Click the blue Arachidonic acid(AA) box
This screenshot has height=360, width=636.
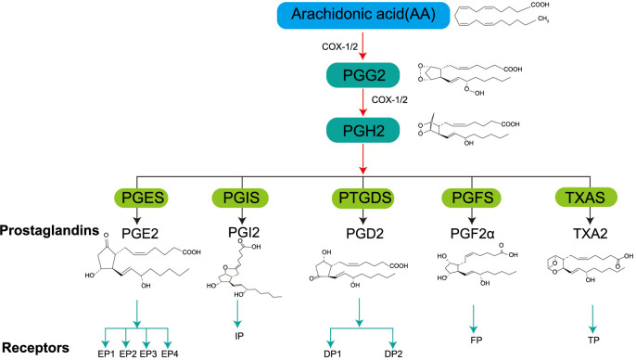363,16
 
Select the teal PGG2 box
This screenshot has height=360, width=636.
363,75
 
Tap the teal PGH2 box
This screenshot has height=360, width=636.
363,130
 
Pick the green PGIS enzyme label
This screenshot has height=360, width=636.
241,198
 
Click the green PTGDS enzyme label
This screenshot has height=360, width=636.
364,198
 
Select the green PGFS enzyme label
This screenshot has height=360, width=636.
472,198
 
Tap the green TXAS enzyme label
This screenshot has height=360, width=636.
586,198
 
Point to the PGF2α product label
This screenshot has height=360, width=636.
472,234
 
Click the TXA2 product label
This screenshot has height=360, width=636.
590,234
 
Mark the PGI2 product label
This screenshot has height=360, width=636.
243,233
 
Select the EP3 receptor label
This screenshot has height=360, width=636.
148,354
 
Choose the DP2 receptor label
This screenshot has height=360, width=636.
393,354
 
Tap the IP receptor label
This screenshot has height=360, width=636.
239,336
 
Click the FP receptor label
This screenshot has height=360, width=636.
477,340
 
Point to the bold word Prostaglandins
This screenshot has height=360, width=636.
49,230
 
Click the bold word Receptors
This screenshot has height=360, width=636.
35,348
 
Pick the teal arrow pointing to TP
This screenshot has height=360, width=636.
593,319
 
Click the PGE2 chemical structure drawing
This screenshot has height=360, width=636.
143,262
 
